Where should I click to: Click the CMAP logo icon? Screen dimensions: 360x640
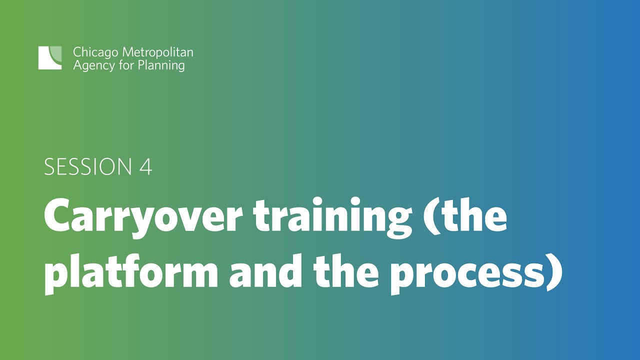(x=50, y=57)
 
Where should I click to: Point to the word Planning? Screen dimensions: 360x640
(x=160, y=65)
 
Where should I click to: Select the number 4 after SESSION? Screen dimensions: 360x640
(x=145, y=167)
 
